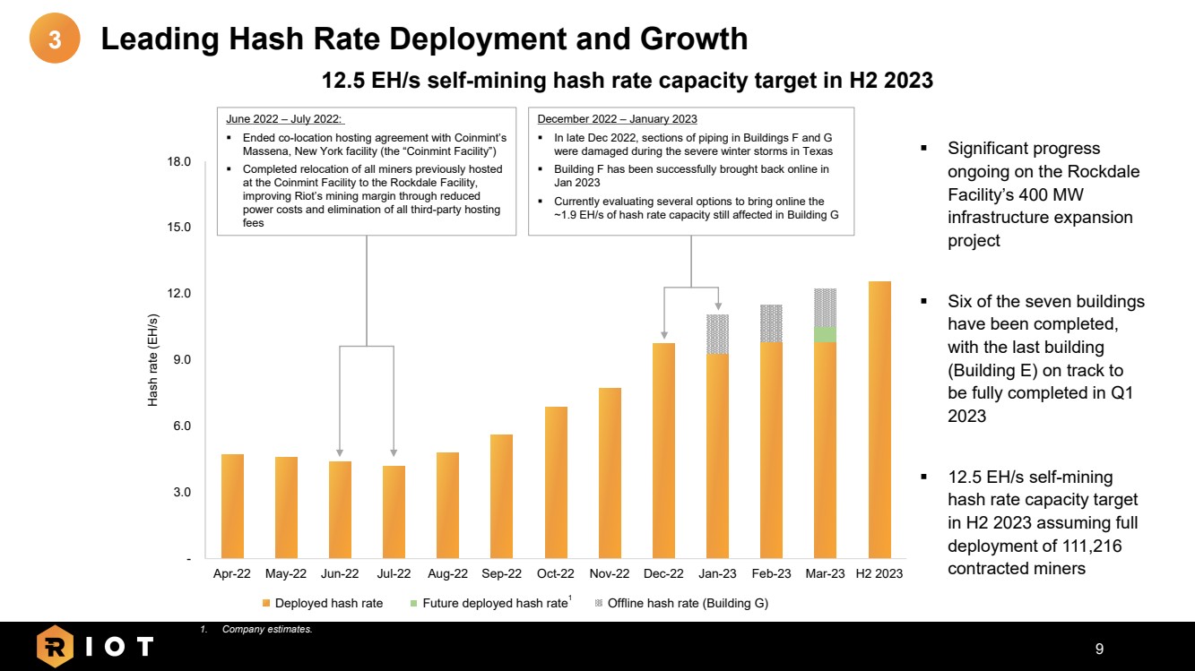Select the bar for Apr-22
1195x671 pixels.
pos(232,506)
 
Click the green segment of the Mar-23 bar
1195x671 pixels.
pos(825,334)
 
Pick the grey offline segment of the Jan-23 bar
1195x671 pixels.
pos(717,334)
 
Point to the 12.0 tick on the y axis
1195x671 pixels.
pos(182,294)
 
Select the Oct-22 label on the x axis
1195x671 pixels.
pos(555,574)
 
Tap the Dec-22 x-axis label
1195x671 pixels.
pos(663,574)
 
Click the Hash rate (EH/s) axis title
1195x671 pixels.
pos(153,360)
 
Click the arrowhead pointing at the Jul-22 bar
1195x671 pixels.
pos(394,452)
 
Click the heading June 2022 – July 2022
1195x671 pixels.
pos(285,119)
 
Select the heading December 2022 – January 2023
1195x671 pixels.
pos(617,119)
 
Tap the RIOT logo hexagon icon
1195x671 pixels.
pos(55,646)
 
